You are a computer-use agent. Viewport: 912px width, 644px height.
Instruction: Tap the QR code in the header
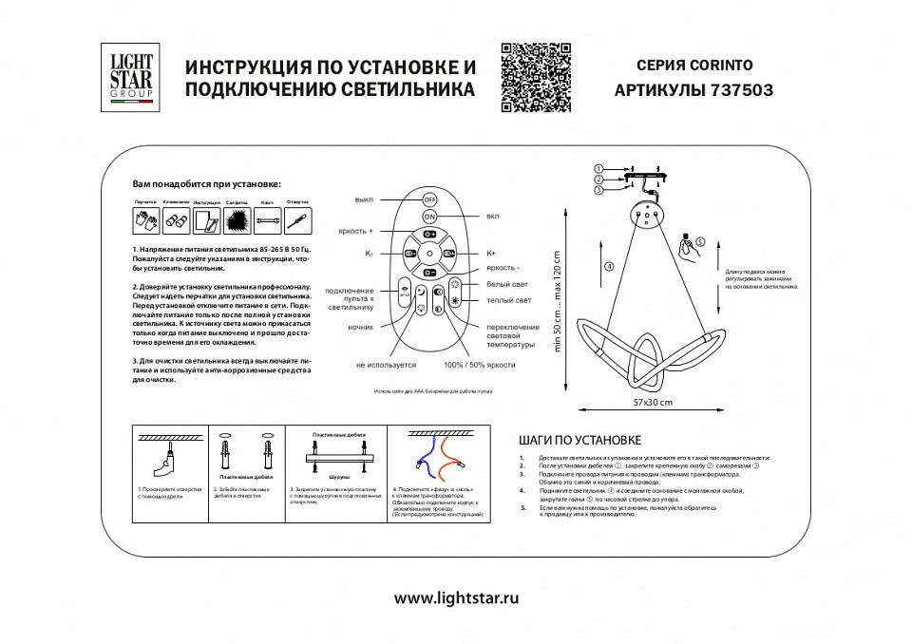(x=535, y=77)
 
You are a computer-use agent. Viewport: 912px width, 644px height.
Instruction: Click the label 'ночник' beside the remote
(x=360, y=327)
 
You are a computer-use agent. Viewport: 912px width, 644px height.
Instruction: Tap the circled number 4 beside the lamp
(x=608, y=266)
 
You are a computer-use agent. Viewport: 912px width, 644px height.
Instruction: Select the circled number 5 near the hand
(x=700, y=242)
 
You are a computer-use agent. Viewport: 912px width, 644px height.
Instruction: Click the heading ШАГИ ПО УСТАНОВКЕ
(x=580, y=441)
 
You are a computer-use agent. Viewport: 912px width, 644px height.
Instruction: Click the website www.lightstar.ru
(x=456, y=598)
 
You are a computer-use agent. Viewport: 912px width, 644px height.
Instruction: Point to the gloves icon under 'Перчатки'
(x=145, y=221)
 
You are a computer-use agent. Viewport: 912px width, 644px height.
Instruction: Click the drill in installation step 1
(x=162, y=464)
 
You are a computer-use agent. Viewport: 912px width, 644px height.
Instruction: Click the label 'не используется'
(x=387, y=365)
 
